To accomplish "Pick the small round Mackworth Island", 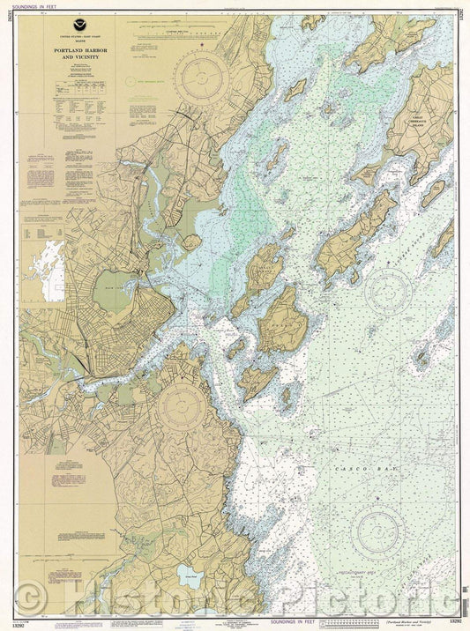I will click(x=191, y=241).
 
